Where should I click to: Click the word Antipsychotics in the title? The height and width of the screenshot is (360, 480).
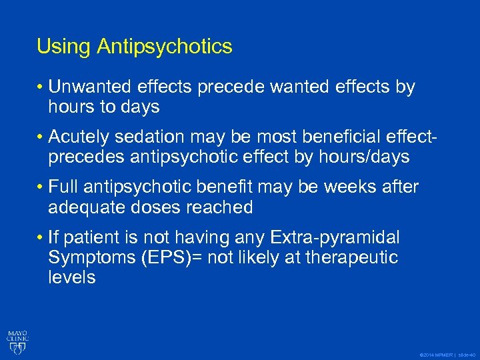[164, 47]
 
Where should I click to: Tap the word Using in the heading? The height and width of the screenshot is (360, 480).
[64, 47]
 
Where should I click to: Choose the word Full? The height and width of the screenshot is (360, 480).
[65, 187]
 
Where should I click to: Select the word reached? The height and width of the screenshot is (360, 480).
[220, 207]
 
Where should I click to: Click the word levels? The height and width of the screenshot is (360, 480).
[72, 277]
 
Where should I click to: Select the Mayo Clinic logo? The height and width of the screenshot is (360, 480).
[17, 339]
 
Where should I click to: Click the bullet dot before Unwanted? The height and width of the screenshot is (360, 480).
[41, 87]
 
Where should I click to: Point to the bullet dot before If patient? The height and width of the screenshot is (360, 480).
[41, 238]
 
